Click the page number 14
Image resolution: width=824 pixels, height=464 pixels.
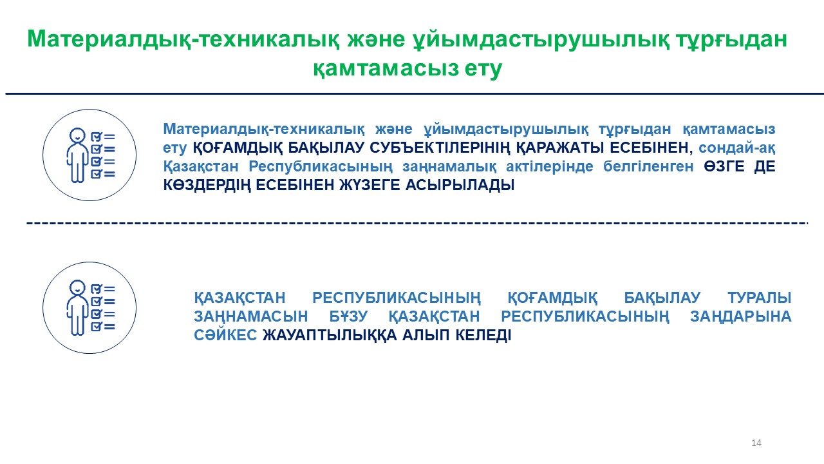(x=756, y=443)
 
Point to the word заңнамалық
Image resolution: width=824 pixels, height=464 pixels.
(x=449, y=167)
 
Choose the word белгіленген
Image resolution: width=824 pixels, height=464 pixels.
(x=648, y=166)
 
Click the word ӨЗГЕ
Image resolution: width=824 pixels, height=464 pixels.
(x=724, y=166)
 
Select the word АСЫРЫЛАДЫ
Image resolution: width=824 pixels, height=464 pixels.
(x=460, y=185)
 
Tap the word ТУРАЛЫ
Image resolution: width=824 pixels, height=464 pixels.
(x=759, y=298)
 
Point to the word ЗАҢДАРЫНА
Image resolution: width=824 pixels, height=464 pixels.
(x=740, y=317)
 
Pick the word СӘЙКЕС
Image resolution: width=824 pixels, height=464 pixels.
(x=225, y=335)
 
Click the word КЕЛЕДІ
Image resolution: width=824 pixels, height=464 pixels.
(x=483, y=336)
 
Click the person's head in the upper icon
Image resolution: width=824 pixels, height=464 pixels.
(x=77, y=135)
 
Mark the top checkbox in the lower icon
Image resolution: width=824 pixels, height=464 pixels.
(x=96, y=289)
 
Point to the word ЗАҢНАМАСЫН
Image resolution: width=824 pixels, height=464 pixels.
(x=251, y=317)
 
